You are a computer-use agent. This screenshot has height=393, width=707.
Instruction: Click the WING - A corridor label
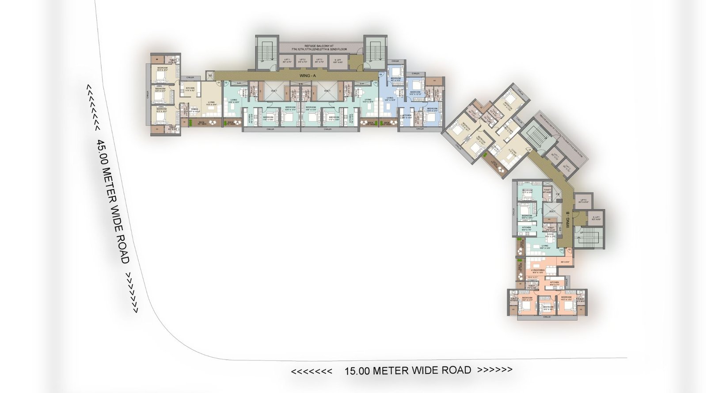click(301, 76)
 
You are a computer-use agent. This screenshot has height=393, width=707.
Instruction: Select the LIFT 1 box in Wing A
click(287, 61)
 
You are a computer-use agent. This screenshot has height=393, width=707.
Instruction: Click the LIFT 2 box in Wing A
click(303, 61)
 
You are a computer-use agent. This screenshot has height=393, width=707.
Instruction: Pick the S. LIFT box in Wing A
click(338, 61)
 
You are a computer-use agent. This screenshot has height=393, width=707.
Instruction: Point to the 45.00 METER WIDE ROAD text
click(113, 202)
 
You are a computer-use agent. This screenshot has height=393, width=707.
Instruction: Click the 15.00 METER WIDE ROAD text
click(407, 370)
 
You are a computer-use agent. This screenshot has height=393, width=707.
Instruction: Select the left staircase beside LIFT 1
click(268, 52)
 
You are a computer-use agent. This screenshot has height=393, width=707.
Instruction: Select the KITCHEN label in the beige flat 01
click(190, 89)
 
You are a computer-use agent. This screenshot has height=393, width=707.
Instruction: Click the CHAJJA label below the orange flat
click(547, 317)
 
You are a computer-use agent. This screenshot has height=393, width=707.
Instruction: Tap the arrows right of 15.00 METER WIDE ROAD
click(495, 369)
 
